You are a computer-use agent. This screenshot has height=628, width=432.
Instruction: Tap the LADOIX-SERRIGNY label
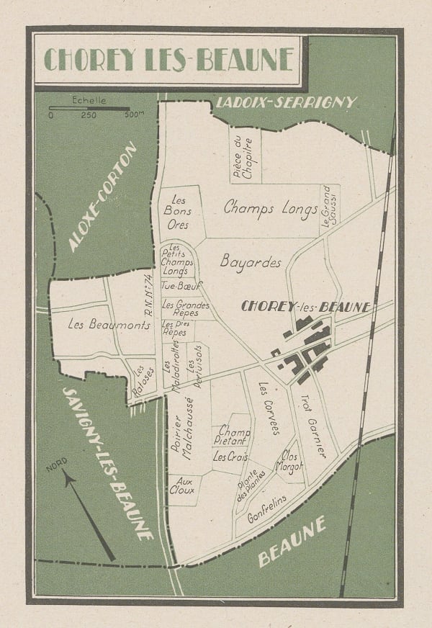coord(285,102)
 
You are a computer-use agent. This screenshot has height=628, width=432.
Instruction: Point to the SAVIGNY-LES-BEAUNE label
coord(107,465)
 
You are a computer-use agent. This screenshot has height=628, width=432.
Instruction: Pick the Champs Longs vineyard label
coord(271,209)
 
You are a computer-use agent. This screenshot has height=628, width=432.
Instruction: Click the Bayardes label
coord(251,262)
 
